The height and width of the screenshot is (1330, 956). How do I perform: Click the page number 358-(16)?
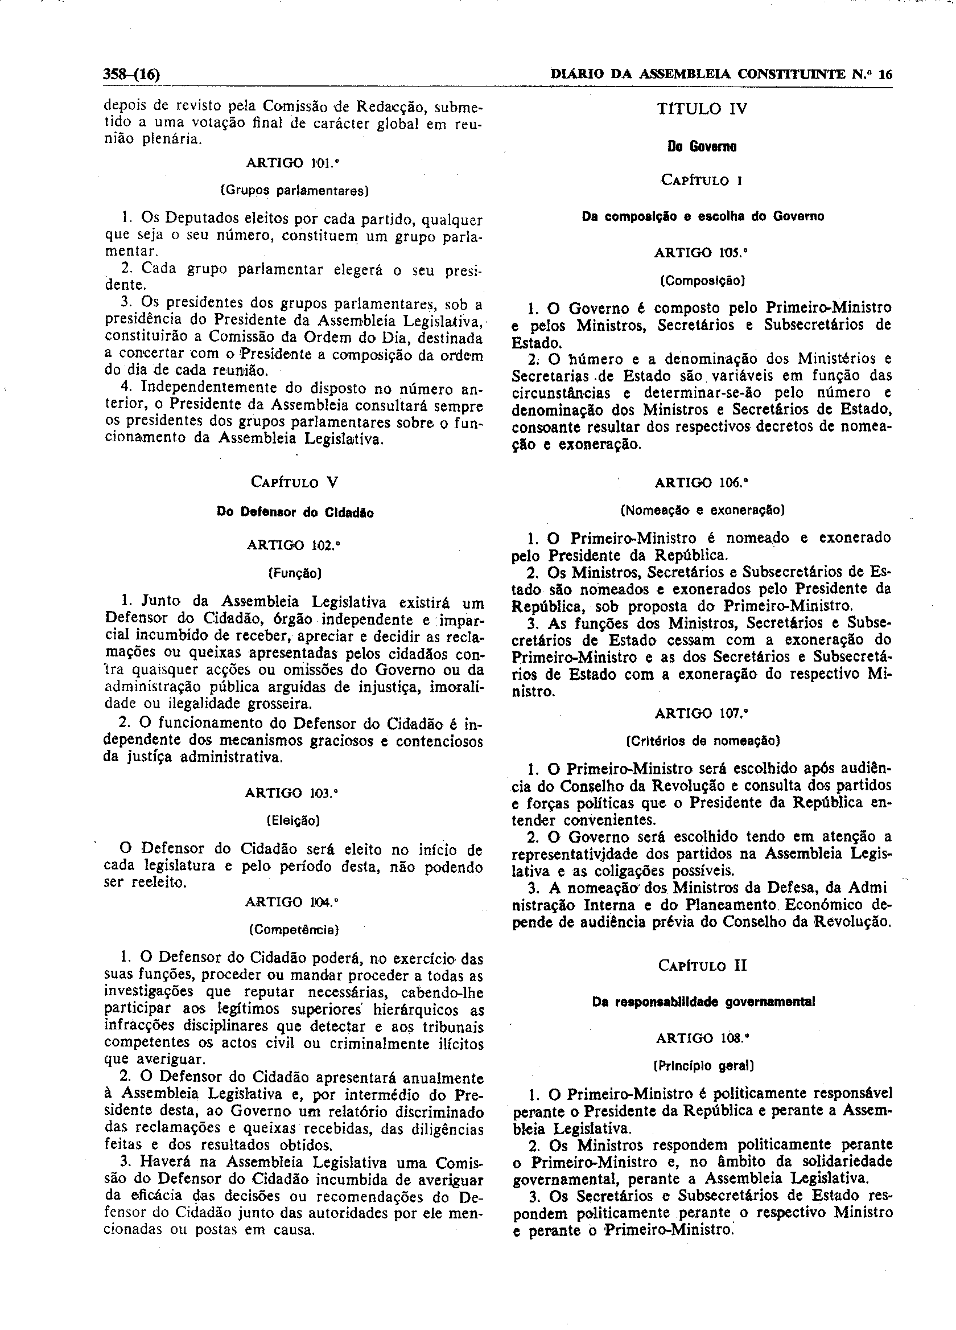[132, 75]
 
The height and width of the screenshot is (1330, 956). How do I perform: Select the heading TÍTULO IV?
[702, 109]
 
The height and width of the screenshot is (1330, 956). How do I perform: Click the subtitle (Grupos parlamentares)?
[294, 191]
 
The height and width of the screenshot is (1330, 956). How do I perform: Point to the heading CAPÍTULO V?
[294, 482]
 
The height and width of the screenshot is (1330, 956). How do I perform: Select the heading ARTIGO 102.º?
[294, 545]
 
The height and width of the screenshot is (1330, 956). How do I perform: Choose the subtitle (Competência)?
[294, 930]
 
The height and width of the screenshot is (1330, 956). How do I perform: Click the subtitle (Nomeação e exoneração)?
[702, 510]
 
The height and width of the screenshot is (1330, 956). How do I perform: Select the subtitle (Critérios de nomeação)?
[702, 741]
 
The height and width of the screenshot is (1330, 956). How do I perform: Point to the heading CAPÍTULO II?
[702, 965]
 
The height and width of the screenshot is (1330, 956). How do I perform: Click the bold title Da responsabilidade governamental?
[703, 1002]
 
